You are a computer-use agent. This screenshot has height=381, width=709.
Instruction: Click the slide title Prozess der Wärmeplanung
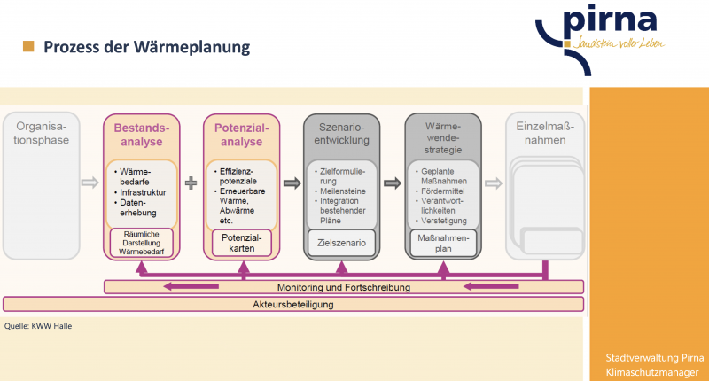point(147,46)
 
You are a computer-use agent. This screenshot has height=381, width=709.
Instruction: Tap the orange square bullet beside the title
point(28,46)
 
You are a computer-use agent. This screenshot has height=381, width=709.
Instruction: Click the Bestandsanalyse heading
point(141,135)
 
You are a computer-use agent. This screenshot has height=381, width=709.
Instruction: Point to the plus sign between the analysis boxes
point(191,183)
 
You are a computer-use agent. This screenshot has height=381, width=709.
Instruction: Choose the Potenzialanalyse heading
point(241,135)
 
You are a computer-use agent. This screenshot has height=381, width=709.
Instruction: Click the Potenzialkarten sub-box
point(241,244)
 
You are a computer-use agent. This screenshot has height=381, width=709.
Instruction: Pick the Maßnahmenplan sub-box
point(442,244)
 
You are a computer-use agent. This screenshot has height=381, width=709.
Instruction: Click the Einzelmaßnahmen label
point(543,135)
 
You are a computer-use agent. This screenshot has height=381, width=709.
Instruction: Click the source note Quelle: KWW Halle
point(38,326)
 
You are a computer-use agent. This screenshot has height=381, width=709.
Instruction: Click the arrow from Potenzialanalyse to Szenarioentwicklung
point(291,183)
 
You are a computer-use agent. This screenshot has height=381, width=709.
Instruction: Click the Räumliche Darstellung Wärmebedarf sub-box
point(141,244)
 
